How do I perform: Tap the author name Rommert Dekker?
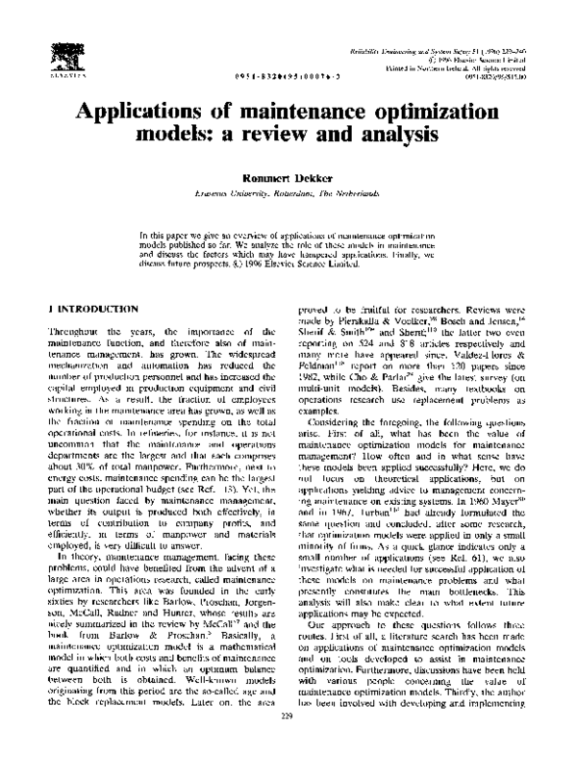coord(288,178)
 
